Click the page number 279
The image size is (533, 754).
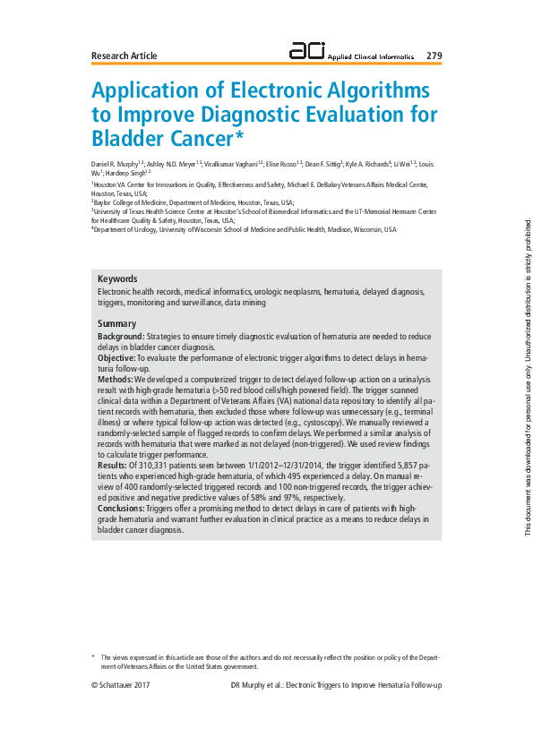(434, 56)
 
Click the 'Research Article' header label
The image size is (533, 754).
(124, 56)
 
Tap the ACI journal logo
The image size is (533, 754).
(308, 52)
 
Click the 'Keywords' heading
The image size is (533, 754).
(117, 254)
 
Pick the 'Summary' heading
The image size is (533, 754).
(116, 323)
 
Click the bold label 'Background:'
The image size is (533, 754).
(121, 336)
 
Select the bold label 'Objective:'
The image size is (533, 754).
(116, 356)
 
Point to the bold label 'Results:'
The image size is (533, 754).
(113, 467)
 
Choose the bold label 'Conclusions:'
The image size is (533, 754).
(121, 508)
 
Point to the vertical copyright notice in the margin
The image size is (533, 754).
(529, 377)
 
